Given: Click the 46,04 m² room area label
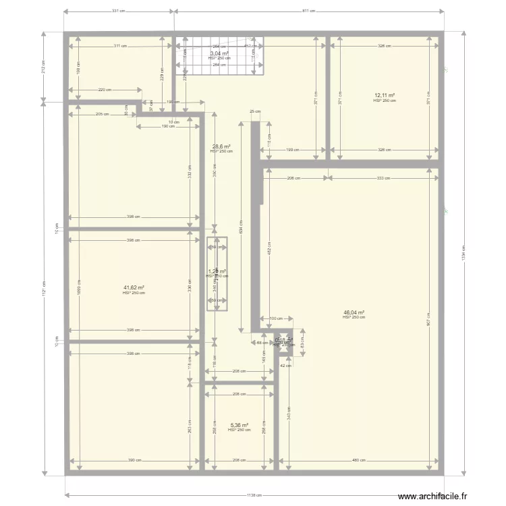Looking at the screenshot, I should click(x=354, y=313).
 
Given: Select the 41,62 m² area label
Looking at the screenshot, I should click(x=134, y=288).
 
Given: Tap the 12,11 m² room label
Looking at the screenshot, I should click(x=385, y=96).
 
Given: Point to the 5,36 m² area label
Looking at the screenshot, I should click(x=239, y=425).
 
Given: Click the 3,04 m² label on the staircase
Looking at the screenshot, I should click(x=219, y=53).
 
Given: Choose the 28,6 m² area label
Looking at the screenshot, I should click(x=221, y=146).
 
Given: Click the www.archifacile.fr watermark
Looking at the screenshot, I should click(x=432, y=497).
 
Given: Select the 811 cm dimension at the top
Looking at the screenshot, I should click(x=308, y=11).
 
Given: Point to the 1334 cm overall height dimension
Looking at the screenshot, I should click(x=463, y=255).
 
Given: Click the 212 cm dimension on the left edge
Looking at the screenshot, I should click(x=43, y=66).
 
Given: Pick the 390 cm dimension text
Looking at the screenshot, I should click(x=134, y=461).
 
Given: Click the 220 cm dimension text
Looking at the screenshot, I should click(x=104, y=90).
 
